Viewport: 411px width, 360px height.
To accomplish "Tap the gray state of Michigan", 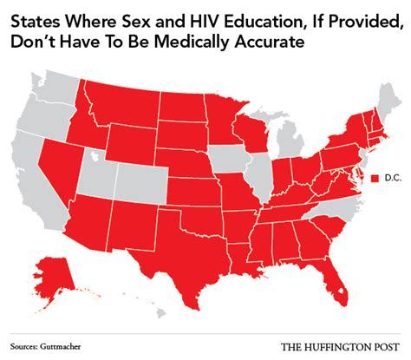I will [286, 139].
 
